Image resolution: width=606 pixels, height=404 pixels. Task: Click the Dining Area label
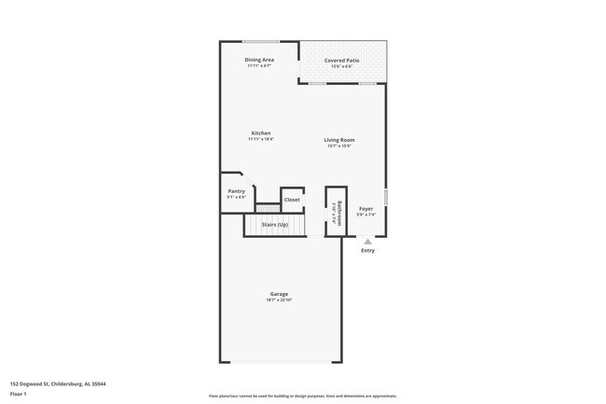click(259, 60)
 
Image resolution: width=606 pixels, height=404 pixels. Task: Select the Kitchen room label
click(260, 133)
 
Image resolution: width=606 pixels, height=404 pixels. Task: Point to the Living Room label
click(339, 140)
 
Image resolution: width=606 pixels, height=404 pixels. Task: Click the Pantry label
click(236, 191)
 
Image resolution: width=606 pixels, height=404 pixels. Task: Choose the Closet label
click(292, 200)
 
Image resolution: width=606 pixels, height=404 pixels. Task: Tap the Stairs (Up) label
click(274, 225)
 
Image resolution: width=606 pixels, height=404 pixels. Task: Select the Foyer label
click(366, 208)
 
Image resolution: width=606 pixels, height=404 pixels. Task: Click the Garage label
click(279, 294)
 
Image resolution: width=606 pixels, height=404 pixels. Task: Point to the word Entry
click(367, 250)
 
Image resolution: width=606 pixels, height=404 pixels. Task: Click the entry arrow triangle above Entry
click(367, 241)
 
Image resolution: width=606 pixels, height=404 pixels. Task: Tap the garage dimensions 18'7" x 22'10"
click(279, 300)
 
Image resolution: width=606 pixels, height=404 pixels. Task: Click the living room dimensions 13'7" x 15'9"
click(339, 146)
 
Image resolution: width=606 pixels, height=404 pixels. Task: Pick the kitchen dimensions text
click(260, 139)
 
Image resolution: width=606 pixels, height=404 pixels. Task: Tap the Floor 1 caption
click(19, 395)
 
